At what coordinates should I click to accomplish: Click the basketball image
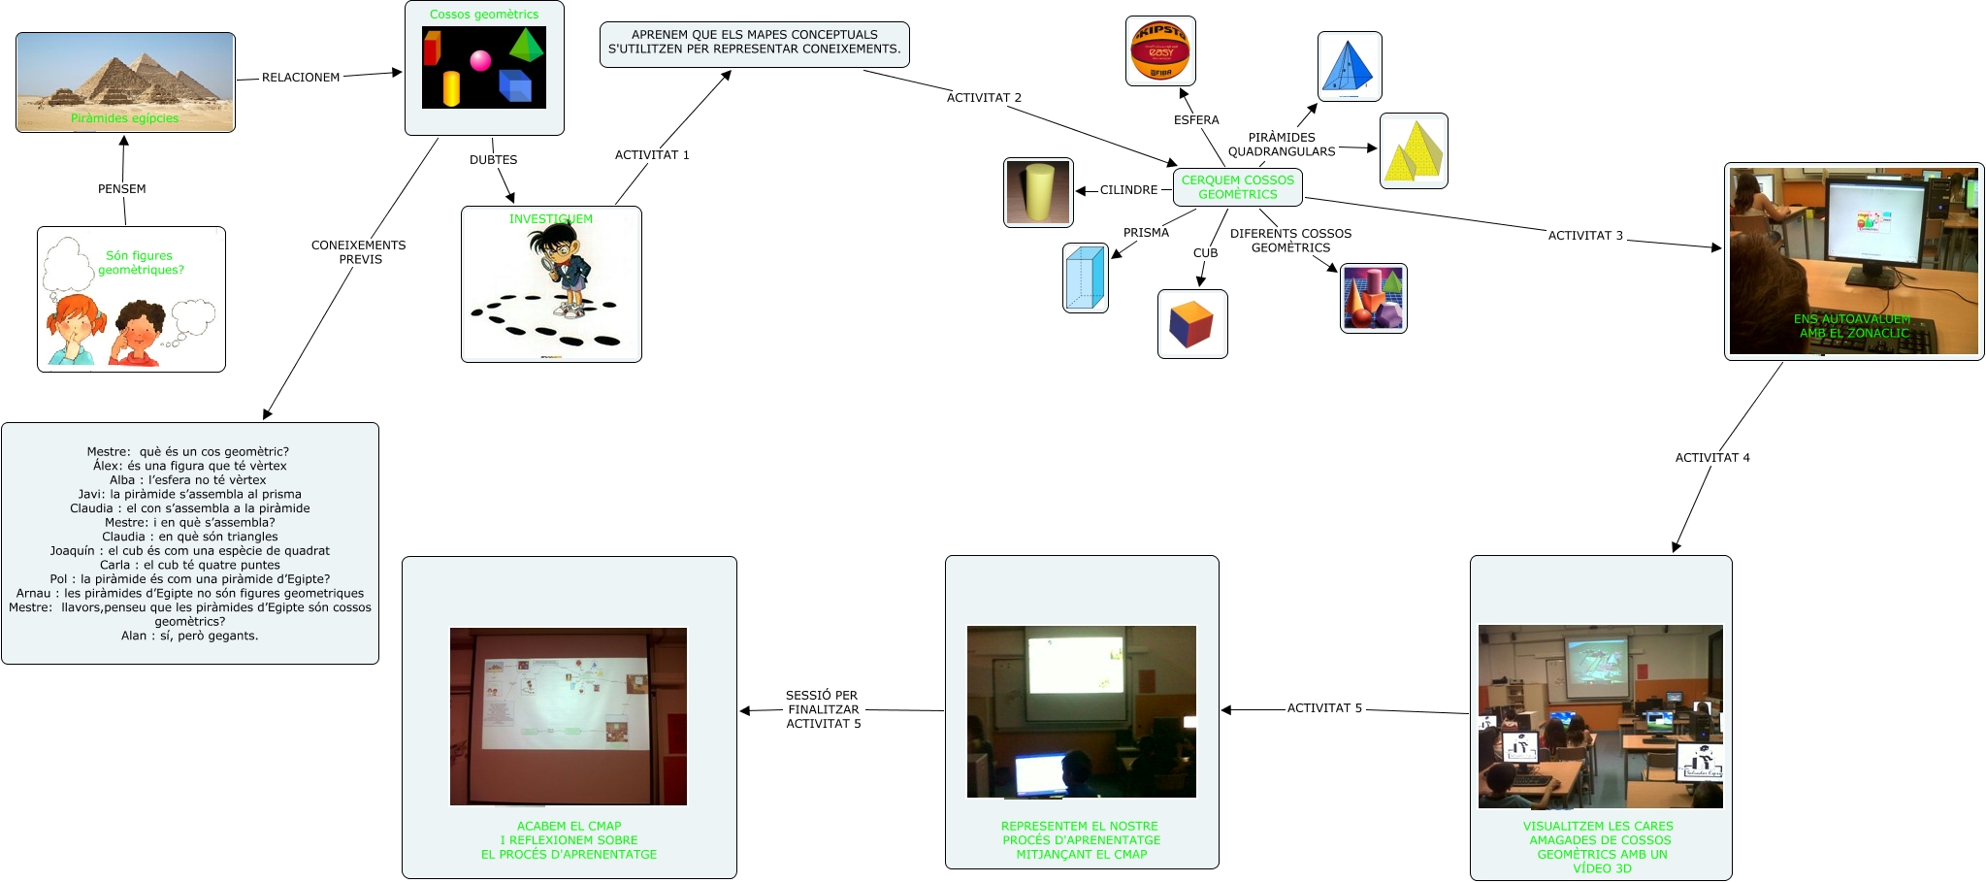click(1160, 51)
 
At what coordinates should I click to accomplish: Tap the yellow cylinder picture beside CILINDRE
click(1038, 192)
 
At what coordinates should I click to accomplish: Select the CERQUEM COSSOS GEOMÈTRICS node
click(1237, 187)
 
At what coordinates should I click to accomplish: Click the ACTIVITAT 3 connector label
click(1584, 236)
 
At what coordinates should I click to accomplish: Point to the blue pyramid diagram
click(1349, 67)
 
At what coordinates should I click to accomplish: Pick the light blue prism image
click(1086, 278)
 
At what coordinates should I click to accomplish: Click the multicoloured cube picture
click(1192, 324)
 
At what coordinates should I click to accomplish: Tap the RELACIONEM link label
click(301, 78)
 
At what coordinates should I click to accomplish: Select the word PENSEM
click(122, 189)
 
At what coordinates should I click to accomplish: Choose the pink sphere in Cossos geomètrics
click(480, 61)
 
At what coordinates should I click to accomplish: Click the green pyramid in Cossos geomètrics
click(526, 45)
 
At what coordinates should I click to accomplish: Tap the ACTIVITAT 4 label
click(1712, 458)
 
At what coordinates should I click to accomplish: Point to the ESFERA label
click(1196, 120)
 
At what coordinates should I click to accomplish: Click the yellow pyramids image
click(1414, 151)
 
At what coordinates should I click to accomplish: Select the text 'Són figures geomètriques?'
click(140, 263)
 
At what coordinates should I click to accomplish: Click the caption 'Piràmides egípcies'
click(124, 118)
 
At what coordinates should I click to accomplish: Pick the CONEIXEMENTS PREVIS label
click(359, 252)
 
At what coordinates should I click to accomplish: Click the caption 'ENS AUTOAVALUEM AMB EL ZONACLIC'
click(1852, 326)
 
